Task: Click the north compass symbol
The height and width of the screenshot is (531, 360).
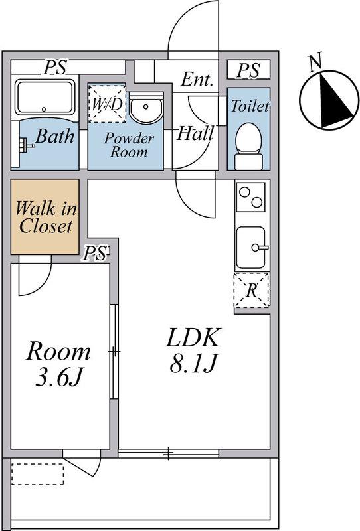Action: point(329,100)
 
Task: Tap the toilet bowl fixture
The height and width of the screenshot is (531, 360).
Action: point(248,146)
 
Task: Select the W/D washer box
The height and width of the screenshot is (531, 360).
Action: point(107,104)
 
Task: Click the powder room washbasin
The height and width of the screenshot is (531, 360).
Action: point(146,108)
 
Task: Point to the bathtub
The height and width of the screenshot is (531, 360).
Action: point(45,97)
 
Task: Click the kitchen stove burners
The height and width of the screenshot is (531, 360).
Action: point(251,197)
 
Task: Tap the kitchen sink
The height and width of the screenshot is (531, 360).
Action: point(252,248)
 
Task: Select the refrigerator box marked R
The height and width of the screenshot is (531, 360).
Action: point(251,290)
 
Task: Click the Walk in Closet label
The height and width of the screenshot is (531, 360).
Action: point(46,217)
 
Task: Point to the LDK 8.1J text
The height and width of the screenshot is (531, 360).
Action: point(193,350)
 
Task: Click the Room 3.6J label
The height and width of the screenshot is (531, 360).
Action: point(58,364)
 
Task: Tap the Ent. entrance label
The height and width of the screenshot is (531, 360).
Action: point(197,80)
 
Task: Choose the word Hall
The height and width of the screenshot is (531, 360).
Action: point(195,133)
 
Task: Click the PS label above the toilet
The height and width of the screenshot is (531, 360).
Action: point(248,70)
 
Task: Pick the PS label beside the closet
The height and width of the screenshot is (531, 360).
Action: point(95,253)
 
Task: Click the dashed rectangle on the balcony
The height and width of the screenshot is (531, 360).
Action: point(38,474)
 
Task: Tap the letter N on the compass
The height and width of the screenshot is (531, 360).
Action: point(315,63)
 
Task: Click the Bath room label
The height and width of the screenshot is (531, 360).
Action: point(55,136)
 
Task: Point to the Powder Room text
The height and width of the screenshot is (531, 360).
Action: point(129,145)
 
